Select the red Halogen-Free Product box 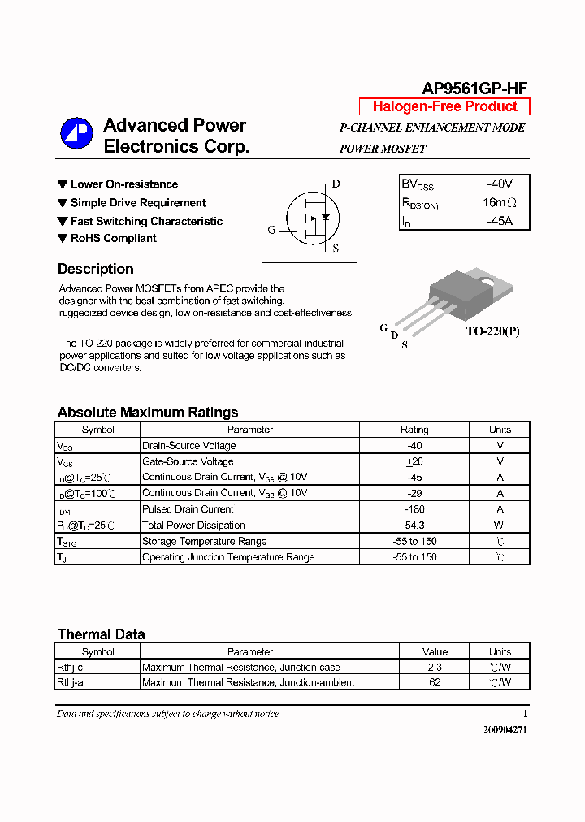444,106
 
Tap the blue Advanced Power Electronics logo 76,134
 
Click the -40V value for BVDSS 500,184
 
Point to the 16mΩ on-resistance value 499,202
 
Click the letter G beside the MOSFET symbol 272,230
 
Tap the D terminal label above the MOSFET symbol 336,184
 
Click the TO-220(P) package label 492,332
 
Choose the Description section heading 96,269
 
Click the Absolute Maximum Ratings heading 148,412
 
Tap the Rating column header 414,430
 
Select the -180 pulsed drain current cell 414,509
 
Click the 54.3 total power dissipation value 414,526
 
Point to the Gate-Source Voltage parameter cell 188,461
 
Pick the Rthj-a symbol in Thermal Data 70,682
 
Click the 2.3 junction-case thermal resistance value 435,667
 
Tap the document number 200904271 505,729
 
